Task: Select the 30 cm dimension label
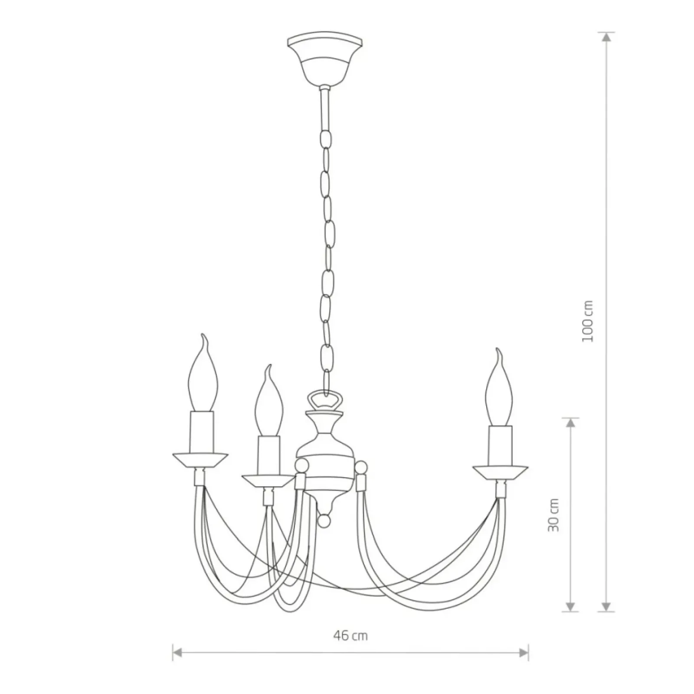point(553,514)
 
